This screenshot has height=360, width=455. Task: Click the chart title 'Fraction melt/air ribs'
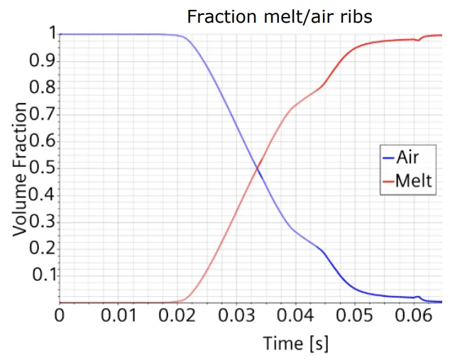coord(279,16)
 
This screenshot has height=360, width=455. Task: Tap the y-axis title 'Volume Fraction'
coord(21,169)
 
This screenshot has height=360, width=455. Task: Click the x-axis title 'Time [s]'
coord(296,344)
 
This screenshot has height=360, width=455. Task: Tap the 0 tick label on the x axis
coord(60,315)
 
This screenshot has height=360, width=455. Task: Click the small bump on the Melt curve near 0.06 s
coord(419,40)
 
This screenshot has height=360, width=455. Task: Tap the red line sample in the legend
coord(388,181)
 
